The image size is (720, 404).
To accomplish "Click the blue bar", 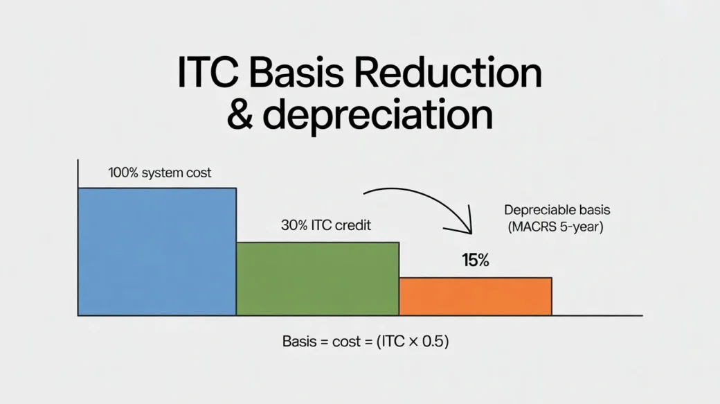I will pos(157,252).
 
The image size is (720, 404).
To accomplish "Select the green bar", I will pos(317,279).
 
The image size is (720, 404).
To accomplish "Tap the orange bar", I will pos(475,297).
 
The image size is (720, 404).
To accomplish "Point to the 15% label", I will pos(476,261).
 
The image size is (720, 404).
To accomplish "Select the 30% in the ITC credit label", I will pos(294,225).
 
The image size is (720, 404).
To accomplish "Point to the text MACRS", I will pos(534,227).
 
